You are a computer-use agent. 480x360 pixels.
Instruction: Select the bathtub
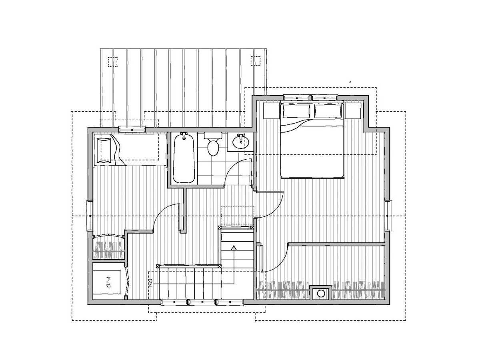(184, 158)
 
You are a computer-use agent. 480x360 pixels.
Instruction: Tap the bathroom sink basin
(241, 142)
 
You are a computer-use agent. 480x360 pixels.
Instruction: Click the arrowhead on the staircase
(234, 247)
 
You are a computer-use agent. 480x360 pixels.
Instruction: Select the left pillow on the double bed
(296, 111)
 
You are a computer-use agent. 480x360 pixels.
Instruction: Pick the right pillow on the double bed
(328, 111)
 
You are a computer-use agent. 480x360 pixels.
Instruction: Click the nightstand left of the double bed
(272, 111)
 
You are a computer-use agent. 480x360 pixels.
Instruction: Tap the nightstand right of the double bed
(353, 111)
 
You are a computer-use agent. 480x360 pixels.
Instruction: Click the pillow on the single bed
(104, 151)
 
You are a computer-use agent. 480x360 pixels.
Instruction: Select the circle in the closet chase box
(321, 293)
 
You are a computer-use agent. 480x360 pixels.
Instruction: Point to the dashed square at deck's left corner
(113, 62)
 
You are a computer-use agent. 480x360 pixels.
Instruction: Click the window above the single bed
(132, 129)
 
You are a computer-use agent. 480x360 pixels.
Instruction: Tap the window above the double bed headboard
(311, 98)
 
